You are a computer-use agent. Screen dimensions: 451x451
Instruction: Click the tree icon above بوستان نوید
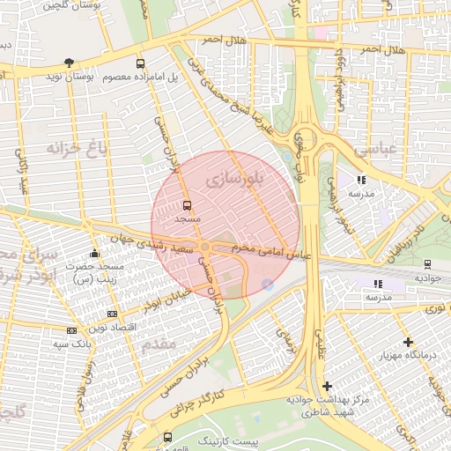[x=70, y=63]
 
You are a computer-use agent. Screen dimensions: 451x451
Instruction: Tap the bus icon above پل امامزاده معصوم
[x=140, y=63]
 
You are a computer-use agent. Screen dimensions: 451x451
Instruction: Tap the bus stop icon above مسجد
[x=187, y=204]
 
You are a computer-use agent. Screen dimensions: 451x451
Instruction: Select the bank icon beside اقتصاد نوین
[x=111, y=314]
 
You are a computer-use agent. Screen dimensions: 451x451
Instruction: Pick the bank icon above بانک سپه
[x=71, y=330]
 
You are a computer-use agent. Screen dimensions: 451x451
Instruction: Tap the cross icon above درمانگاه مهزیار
[x=407, y=342]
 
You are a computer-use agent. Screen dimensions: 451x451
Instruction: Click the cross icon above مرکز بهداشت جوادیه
[x=327, y=386]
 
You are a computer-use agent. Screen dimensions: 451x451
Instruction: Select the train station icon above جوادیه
[x=427, y=263]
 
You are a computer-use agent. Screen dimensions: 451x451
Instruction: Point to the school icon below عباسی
[x=361, y=180]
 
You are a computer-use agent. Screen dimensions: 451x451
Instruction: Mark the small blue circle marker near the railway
[x=267, y=284]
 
